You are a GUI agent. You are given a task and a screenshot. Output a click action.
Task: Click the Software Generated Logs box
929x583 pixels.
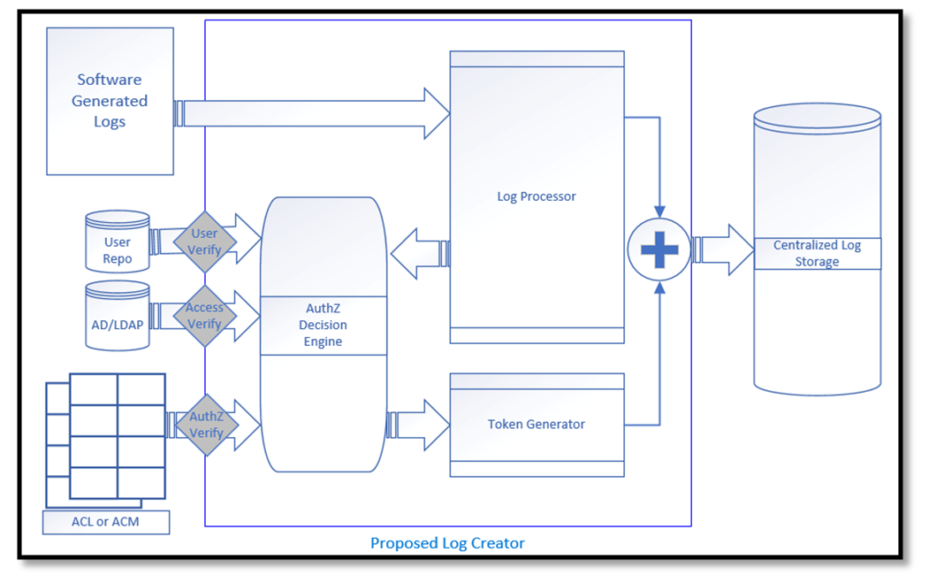click(110, 101)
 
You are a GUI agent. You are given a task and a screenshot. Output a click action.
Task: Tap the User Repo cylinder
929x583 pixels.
click(117, 242)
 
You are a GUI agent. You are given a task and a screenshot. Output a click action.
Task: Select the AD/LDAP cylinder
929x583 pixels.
click(117, 317)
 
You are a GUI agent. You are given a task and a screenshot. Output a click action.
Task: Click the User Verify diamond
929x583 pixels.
click(205, 242)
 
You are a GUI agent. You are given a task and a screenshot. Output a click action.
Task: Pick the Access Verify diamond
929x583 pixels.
click(205, 316)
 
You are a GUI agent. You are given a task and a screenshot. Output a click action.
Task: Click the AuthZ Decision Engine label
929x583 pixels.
click(323, 324)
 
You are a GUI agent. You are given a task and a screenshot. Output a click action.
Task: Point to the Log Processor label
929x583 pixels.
click(536, 196)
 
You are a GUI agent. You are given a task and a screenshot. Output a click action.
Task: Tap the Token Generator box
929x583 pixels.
click(537, 425)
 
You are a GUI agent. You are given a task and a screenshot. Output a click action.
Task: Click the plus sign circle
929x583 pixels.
click(659, 249)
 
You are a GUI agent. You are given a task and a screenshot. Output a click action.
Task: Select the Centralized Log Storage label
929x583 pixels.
click(817, 253)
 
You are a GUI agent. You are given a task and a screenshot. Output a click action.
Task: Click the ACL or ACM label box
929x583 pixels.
click(105, 522)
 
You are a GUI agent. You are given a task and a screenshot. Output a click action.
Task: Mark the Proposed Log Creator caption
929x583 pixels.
click(447, 543)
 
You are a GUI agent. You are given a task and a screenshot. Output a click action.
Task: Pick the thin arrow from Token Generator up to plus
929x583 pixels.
click(659, 354)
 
